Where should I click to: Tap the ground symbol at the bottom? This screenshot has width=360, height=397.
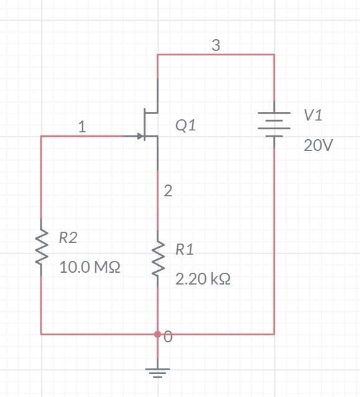157,373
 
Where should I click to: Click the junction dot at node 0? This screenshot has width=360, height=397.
157,334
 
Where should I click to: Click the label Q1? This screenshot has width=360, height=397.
185,125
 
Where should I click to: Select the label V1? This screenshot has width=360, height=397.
313,115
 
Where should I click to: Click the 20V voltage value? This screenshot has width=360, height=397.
318,145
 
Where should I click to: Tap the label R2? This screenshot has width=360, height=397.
68,237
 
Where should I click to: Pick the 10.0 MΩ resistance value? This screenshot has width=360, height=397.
90,267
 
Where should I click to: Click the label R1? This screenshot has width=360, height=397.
185,250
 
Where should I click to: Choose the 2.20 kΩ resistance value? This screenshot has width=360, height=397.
203,279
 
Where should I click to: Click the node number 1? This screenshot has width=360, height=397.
82,127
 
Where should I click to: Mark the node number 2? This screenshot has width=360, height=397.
168,191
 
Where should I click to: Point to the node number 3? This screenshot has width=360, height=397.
216,45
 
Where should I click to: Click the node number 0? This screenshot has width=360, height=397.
168,337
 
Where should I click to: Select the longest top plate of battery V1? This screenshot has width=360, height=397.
274,113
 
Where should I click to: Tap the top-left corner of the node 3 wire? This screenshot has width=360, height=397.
157,55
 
